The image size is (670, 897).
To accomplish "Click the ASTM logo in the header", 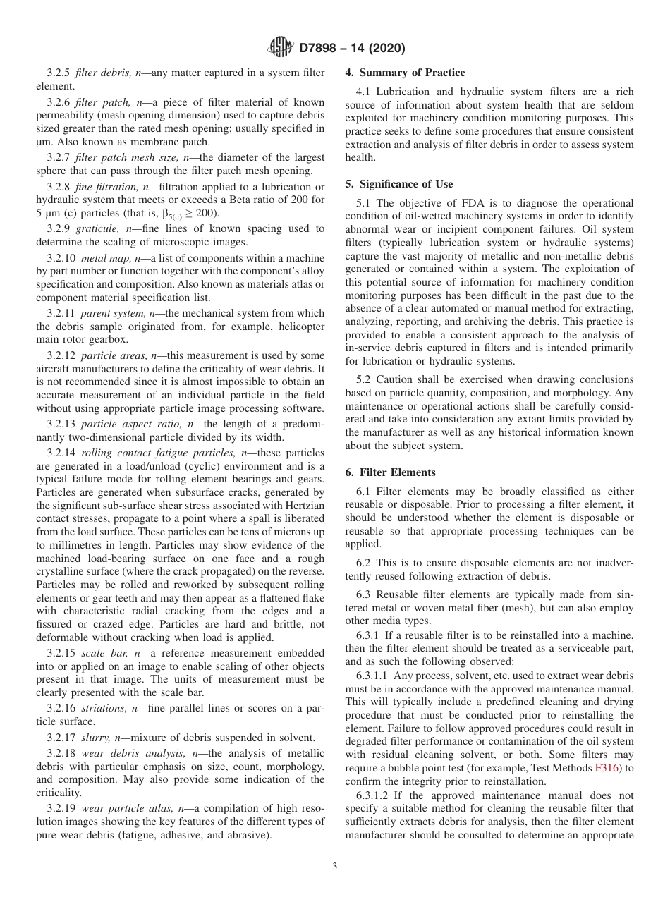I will coord(281,49).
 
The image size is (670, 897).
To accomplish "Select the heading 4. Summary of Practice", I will coord(405,73).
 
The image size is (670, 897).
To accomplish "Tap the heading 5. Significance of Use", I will coord(399,184).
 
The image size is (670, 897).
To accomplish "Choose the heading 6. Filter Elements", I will coord(390,472).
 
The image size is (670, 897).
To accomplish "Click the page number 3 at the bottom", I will coord(335,867).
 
